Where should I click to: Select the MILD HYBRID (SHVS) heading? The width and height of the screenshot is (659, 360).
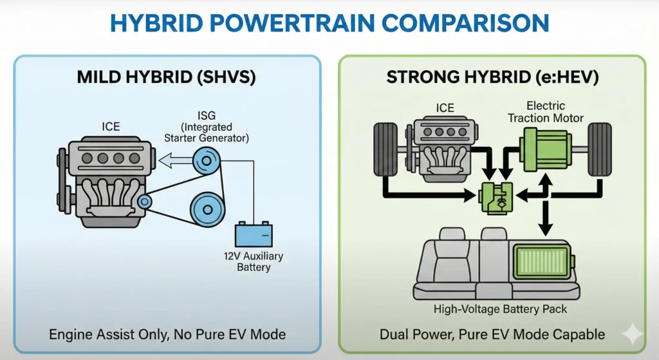point(167,78)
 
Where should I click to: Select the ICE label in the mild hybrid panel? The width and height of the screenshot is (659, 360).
point(111,126)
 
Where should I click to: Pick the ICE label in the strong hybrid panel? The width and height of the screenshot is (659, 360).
point(445,108)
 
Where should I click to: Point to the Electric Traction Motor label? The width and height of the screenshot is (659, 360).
point(545,111)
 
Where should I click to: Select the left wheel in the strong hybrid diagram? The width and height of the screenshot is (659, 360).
point(385,148)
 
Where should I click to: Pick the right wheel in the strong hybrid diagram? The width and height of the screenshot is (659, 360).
point(599,148)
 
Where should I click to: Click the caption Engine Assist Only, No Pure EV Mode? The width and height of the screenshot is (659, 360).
point(167,334)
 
